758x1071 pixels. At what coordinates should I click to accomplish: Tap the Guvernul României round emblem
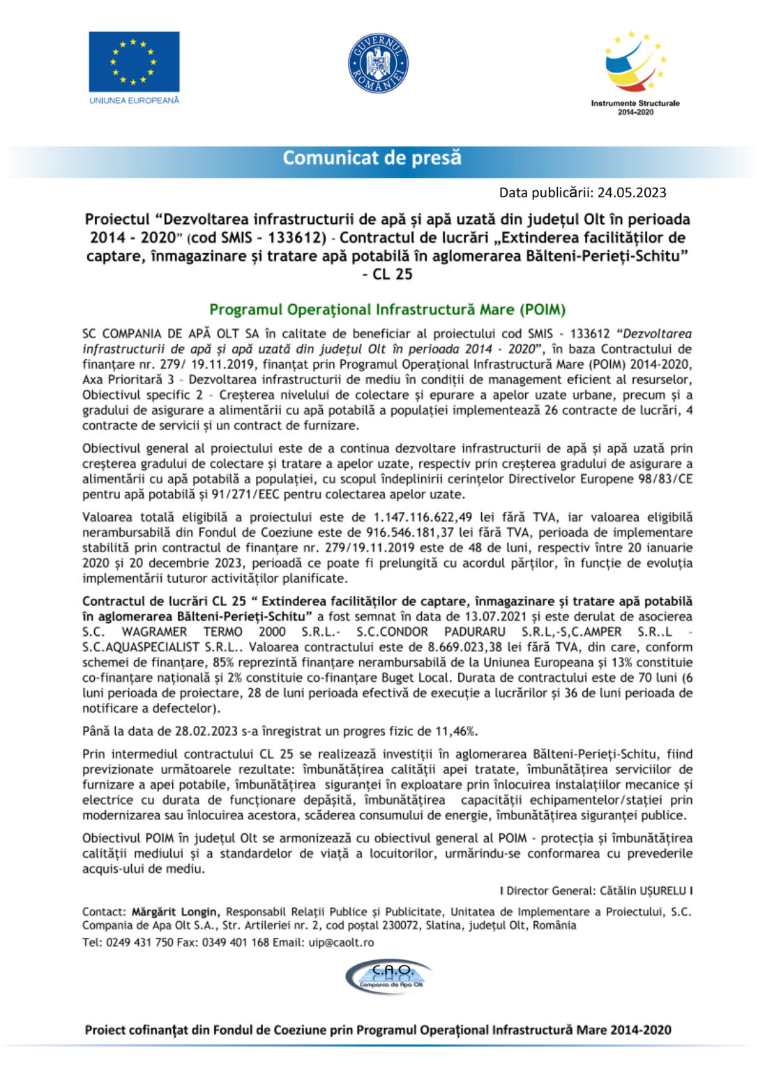[x=378, y=63]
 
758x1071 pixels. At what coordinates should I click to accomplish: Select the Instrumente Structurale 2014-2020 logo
[x=635, y=71]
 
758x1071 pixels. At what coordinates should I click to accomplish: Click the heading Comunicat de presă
[x=372, y=158]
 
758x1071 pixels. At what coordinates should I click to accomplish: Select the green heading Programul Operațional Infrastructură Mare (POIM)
[x=387, y=310]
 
